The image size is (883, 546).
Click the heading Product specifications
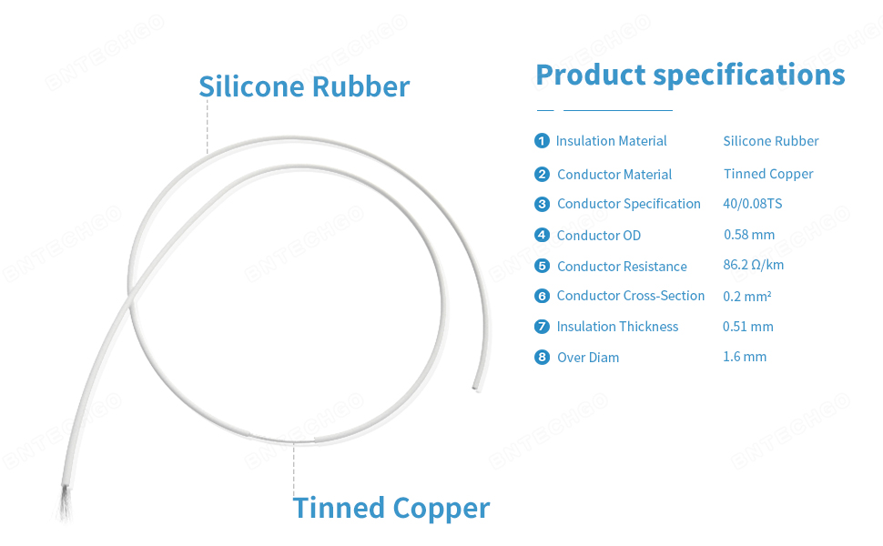690,75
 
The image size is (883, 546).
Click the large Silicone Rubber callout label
304,86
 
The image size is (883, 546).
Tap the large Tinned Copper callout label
391,508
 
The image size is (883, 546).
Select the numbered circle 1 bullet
543,141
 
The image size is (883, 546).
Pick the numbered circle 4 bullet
543,235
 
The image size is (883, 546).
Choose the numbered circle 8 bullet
543,357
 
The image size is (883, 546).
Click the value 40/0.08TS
752,204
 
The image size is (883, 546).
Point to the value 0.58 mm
749,235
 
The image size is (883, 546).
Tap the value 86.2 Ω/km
753,265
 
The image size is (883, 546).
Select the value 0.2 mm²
747,297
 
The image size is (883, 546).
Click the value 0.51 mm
747,326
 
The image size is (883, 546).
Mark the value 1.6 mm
745,357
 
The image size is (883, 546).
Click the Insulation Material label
611,141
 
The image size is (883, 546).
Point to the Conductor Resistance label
622,267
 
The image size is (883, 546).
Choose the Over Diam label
588,358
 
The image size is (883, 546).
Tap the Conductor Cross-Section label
631,296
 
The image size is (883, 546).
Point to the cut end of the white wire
474,389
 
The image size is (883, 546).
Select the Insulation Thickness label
617,327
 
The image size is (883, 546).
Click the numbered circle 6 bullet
543,296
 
